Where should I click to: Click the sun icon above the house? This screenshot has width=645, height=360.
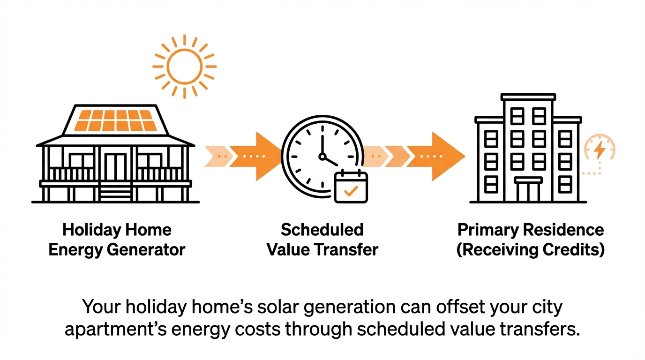pyautogui.click(x=184, y=66)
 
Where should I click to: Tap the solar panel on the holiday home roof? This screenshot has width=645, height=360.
pyautogui.click(x=115, y=120)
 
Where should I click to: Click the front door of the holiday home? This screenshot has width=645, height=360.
pyautogui.click(x=115, y=167)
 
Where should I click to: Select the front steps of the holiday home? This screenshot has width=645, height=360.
pyautogui.click(x=115, y=192)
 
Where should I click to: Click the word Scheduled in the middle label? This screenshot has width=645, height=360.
pyautogui.click(x=322, y=230)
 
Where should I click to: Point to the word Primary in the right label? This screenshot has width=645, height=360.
pyautogui.click(x=488, y=230)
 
